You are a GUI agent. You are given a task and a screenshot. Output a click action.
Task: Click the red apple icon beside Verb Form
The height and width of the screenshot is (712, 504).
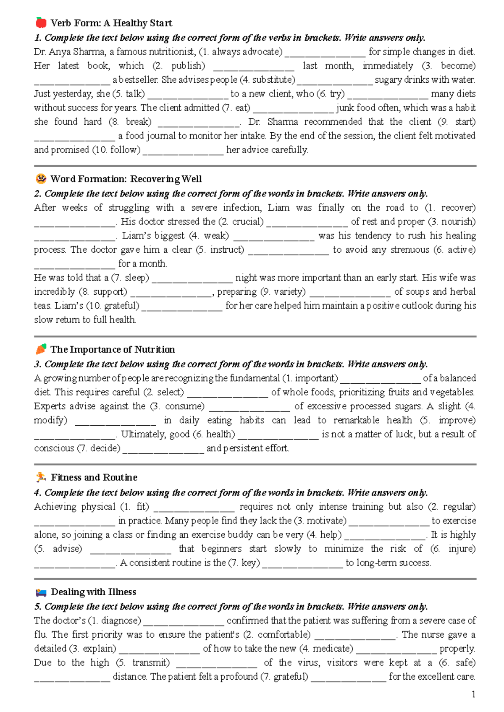coord(41,22)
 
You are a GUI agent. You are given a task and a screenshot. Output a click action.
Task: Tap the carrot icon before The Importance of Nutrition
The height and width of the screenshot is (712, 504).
coord(41,349)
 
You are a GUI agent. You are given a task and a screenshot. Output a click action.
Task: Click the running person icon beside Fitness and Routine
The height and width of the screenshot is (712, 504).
coord(41,477)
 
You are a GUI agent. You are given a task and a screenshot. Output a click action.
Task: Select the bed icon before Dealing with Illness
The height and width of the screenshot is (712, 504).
coord(41,592)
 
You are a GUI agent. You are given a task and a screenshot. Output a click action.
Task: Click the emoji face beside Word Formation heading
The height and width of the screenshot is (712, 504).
coord(41,179)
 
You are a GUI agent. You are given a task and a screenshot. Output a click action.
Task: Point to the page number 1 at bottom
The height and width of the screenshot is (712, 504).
coord(473,694)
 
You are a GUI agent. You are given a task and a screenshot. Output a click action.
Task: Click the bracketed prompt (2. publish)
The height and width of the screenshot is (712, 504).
coord(178,66)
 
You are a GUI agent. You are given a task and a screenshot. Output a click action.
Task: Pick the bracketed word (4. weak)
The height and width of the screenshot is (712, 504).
coord(209,236)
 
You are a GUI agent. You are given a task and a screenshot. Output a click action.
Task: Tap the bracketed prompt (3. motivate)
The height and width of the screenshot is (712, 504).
coord(320,521)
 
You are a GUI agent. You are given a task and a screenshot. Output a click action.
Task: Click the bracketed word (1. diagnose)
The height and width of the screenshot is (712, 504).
coord(114,620)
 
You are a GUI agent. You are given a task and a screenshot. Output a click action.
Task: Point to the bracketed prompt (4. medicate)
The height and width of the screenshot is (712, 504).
coord(326,649)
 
